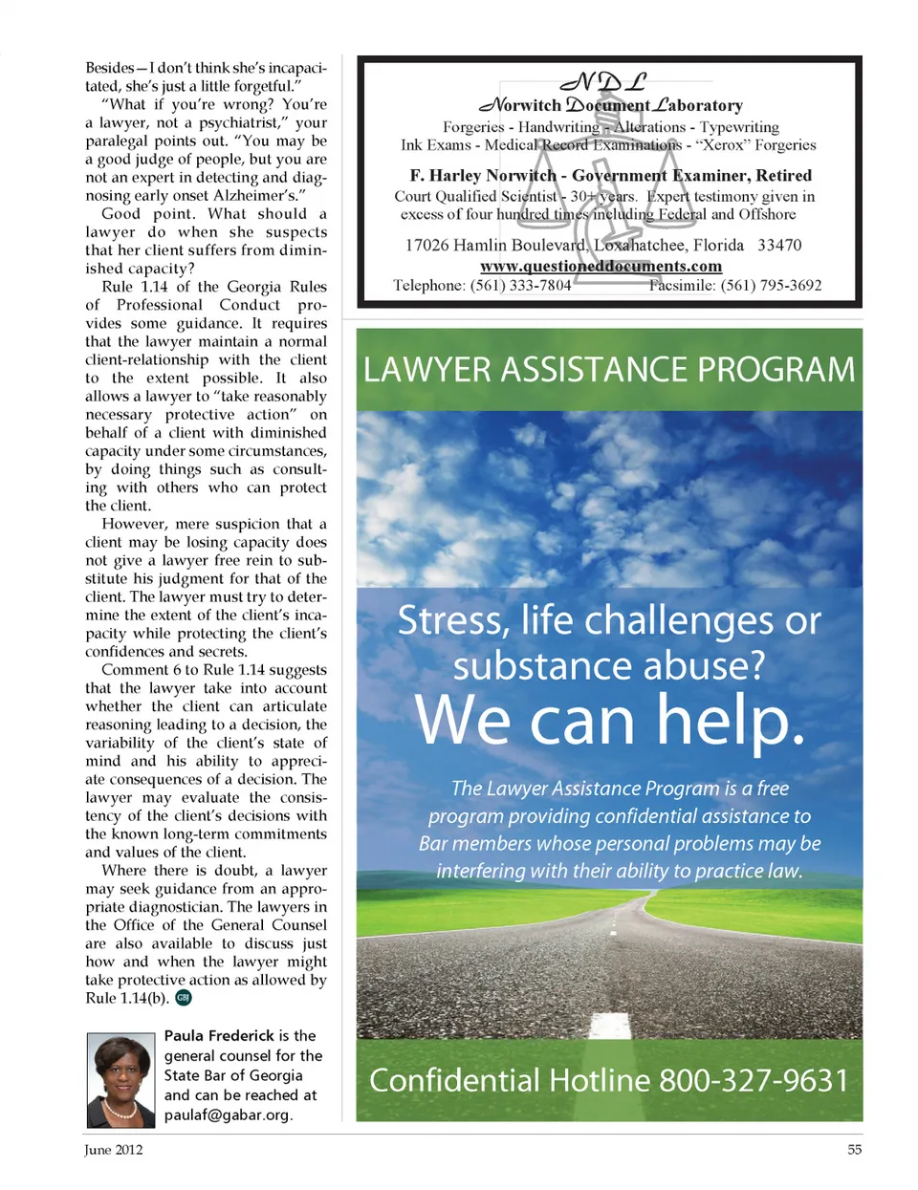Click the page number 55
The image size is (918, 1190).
[x=854, y=1150]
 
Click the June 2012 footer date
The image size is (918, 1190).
[x=113, y=1150]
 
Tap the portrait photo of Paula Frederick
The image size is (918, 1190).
[x=120, y=1080]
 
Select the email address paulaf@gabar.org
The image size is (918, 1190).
[x=228, y=1115]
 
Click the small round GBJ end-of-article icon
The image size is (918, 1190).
[x=184, y=998]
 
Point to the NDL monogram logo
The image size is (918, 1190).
[x=603, y=82]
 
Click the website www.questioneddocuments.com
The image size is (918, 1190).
[x=601, y=267]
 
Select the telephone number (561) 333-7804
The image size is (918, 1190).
[x=520, y=285]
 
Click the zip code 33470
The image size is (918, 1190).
[x=779, y=246]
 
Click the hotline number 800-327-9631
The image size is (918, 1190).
[x=754, y=1081]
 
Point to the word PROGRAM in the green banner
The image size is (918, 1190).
[x=775, y=370]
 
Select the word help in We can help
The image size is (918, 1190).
[x=731, y=720]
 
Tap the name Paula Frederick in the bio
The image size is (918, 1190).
[x=219, y=1036]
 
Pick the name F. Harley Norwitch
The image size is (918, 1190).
[x=483, y=176]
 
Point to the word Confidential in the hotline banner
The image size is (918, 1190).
[x=454, y=1081]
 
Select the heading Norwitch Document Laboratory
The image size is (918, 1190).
[x=611, y=106]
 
